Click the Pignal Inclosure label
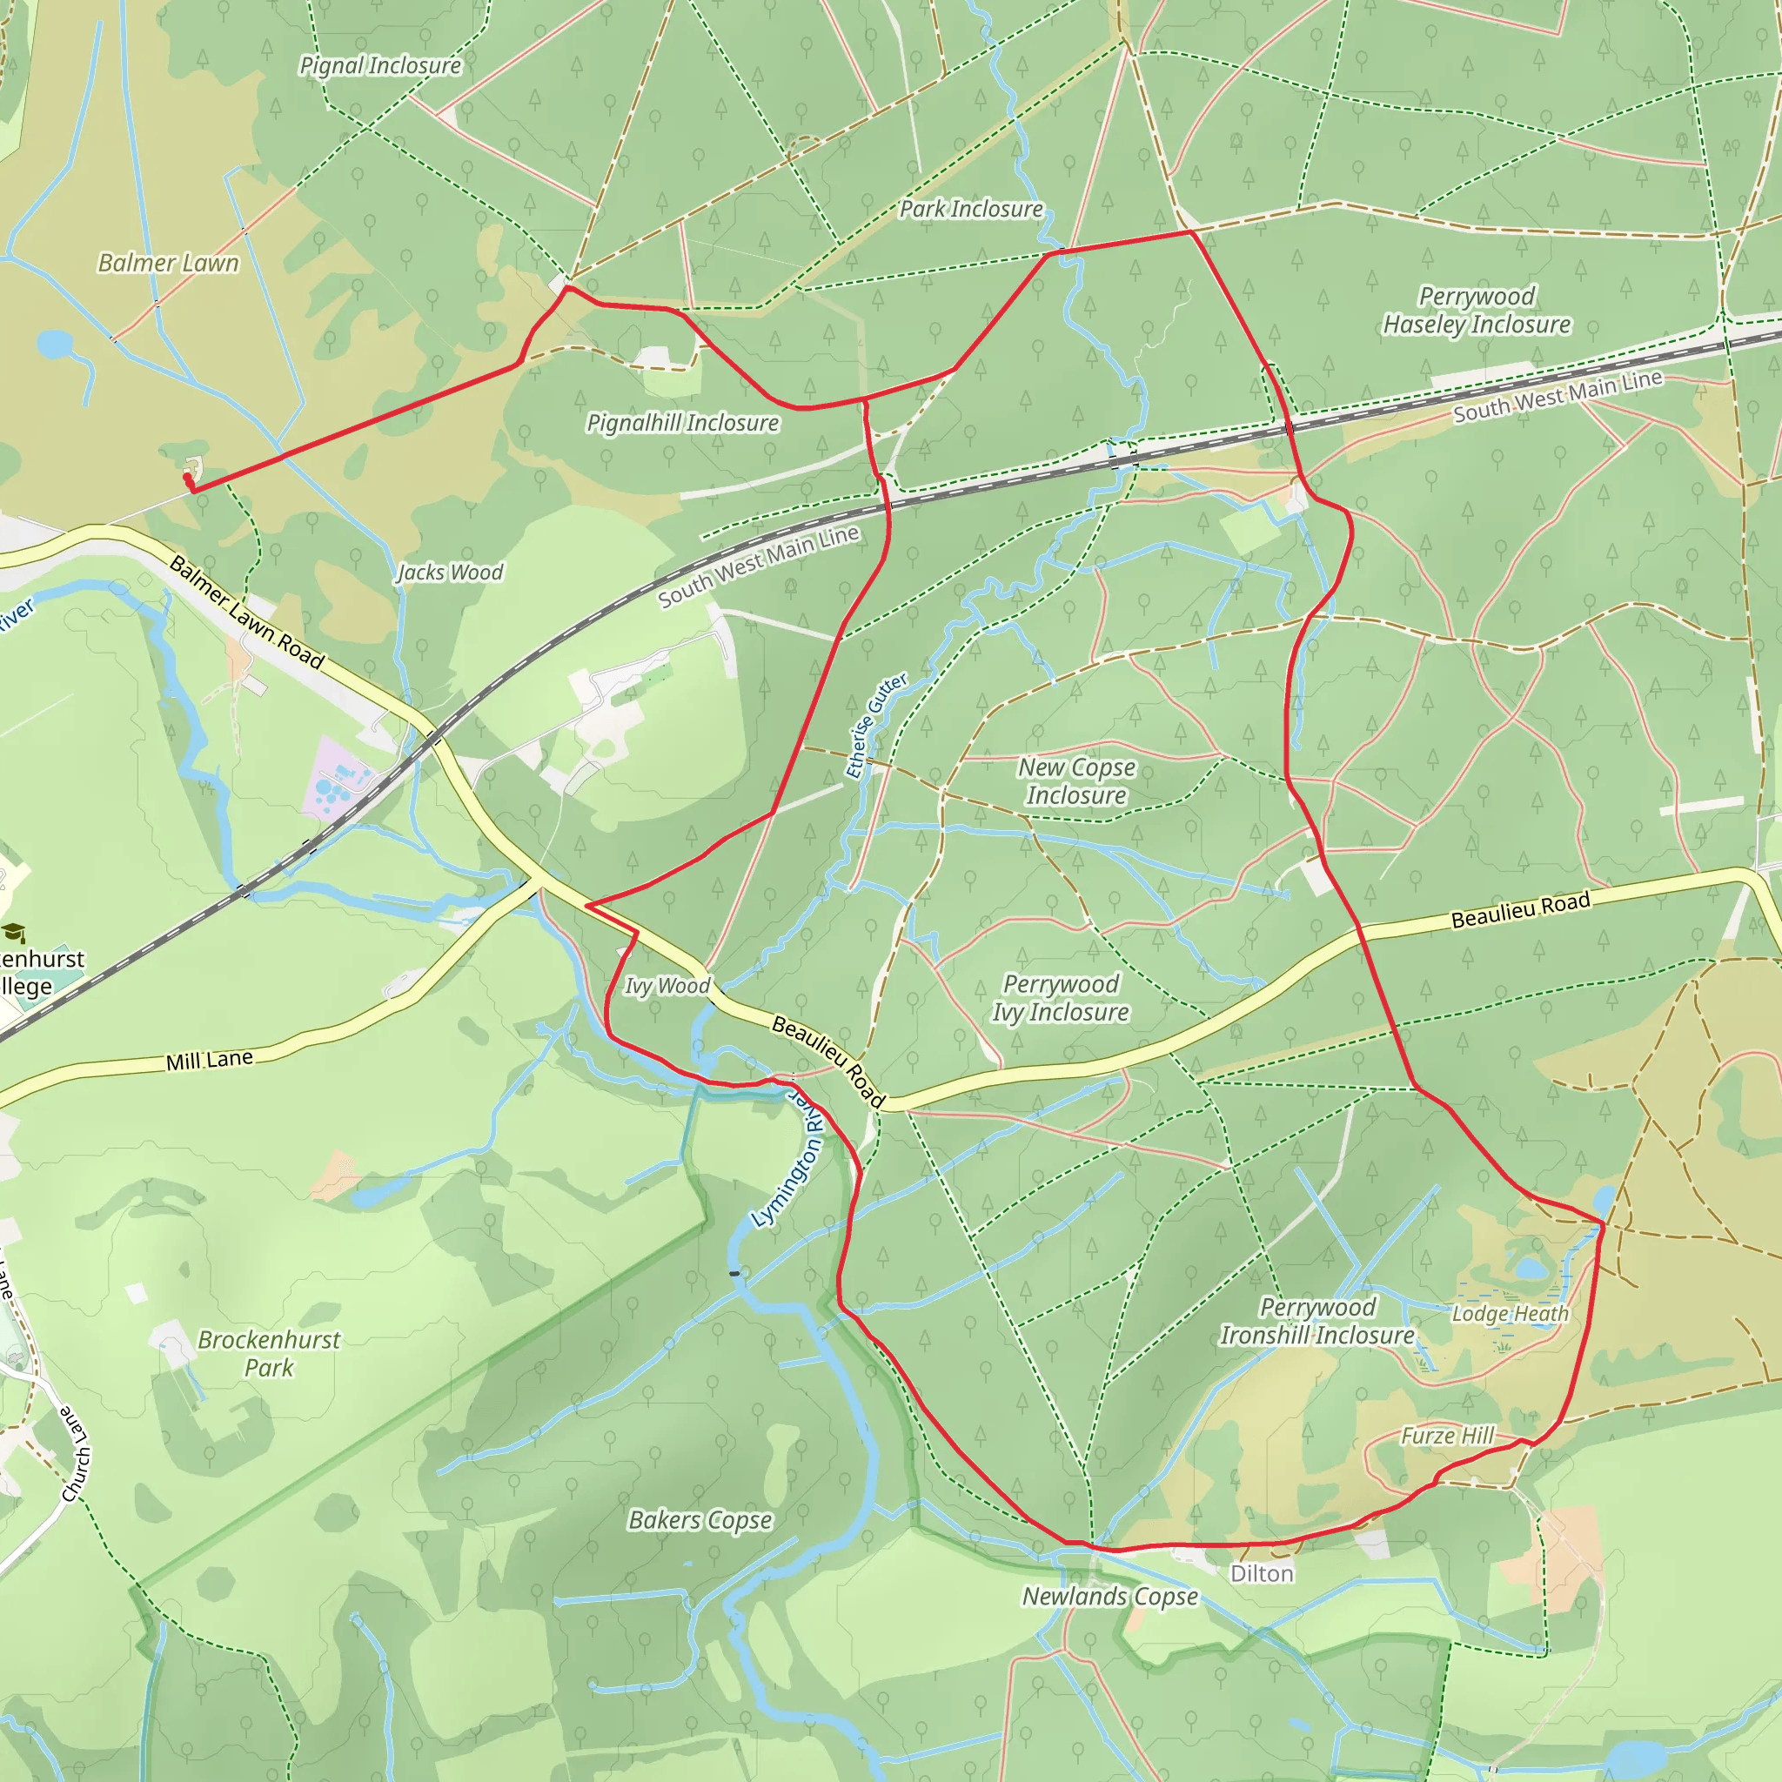(380, 65)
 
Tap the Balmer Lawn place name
(168, 263)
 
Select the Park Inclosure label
(971, 210)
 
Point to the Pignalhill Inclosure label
(682, 422)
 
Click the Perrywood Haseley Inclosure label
(1476, 311)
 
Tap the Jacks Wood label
(449, 573)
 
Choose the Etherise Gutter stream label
(875, 726)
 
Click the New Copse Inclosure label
(1076, 781)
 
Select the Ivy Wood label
(667, 986)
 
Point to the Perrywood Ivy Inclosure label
(1060, 998)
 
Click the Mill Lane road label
(210, 1061)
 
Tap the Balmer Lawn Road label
(247, 613)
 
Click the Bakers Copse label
(700, 1519)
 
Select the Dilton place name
(1261, 1573)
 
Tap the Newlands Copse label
(1109, 1596)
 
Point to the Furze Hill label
(1446, 1435)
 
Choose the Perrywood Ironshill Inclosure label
(1317, 1321)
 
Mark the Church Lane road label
(77, 1454)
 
